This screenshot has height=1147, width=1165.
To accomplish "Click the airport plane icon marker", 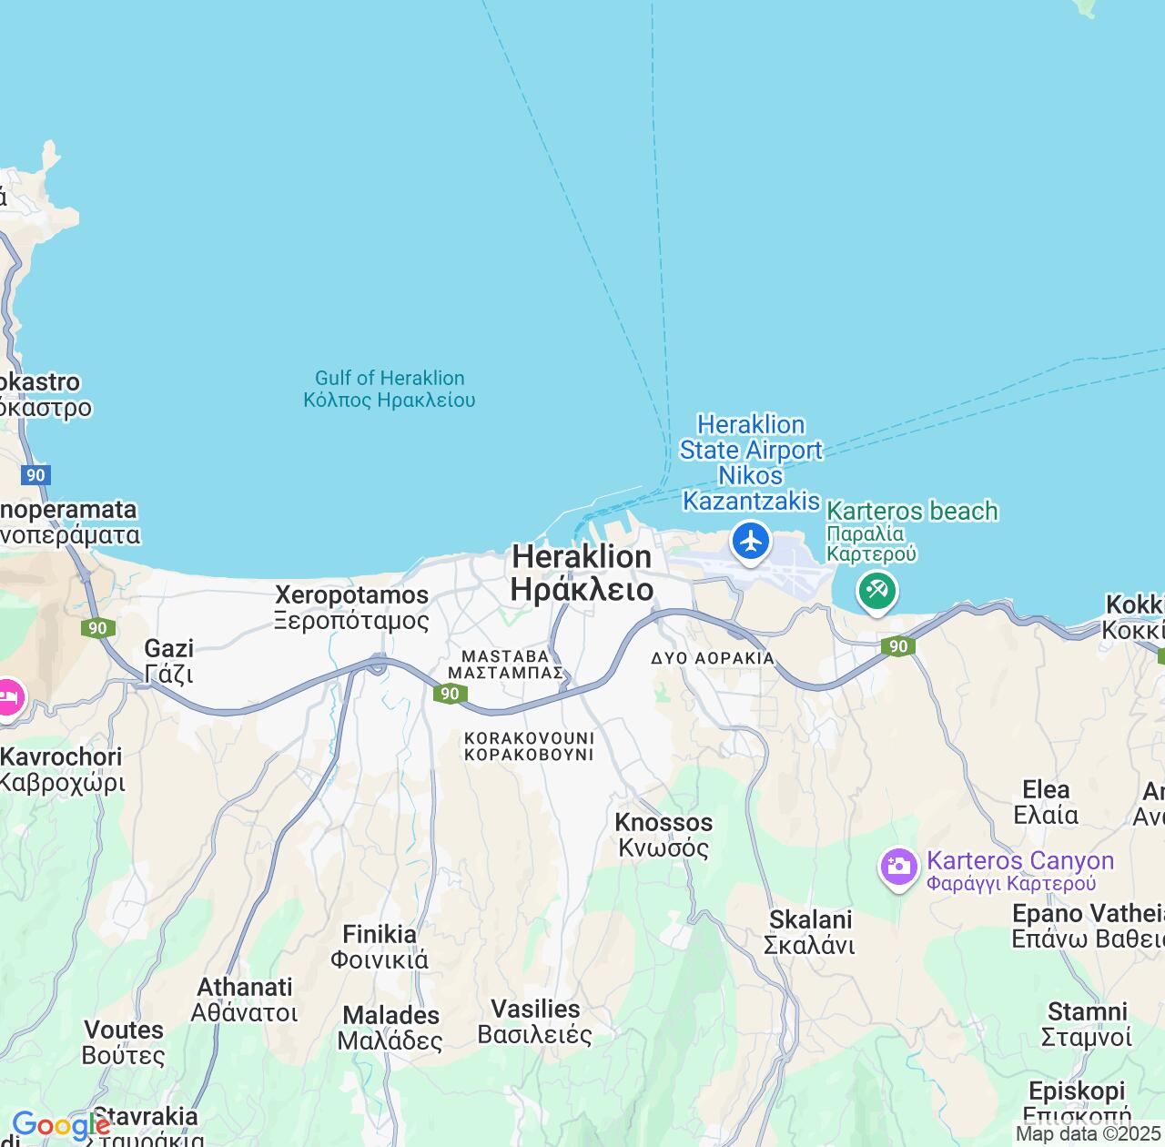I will (x=751, y=542).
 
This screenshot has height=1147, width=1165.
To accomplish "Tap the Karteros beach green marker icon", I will (x=876, y=591).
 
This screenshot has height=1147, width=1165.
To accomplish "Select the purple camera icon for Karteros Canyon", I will (x=898, y=866).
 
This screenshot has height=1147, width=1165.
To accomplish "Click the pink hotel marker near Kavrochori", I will (x=9, y=699).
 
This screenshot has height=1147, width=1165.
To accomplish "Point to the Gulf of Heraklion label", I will (x=389, y=389).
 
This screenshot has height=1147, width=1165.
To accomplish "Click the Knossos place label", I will (x=664, y=835).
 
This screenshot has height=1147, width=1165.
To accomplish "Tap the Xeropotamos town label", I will (x=351, y=607).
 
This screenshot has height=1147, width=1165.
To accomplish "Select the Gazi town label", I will (x=169, y=661).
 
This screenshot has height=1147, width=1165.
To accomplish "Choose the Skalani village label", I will (x=810, y=932).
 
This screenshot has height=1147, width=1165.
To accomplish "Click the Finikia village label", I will (x=380, y=947).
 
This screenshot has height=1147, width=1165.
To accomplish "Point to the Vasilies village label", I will (x=535, y=1021).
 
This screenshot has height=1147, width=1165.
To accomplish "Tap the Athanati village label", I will (x=245, y=1000).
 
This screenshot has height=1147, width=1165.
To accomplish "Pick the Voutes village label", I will (x=124, y=1042).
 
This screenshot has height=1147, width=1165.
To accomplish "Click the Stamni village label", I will (x=1087, y=1024).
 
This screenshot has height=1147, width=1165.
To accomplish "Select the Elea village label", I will (x=1046, y=802).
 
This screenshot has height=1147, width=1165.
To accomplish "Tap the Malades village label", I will (x=390, y=1028).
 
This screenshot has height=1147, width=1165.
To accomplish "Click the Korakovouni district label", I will (x=529, y=746).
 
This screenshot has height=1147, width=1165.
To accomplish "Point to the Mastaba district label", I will (x=506, y=665).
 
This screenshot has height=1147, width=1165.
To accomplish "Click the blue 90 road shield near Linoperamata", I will (x=35, y=475).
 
